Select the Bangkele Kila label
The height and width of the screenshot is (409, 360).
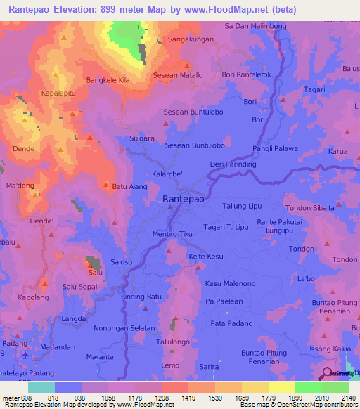point(108,81)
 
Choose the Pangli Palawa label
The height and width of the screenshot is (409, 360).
point(276,149)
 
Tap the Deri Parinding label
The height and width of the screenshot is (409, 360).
point(233,164)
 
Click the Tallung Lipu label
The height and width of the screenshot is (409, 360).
point(242,206)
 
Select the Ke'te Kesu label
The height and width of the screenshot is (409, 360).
point(205,257)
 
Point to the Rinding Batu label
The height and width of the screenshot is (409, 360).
point(141,297)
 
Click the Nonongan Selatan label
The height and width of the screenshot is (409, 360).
point(124,328)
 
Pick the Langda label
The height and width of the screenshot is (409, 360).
point(74,318)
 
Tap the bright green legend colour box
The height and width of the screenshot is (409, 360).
point(309,387)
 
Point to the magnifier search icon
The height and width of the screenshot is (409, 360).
point(327,372)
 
